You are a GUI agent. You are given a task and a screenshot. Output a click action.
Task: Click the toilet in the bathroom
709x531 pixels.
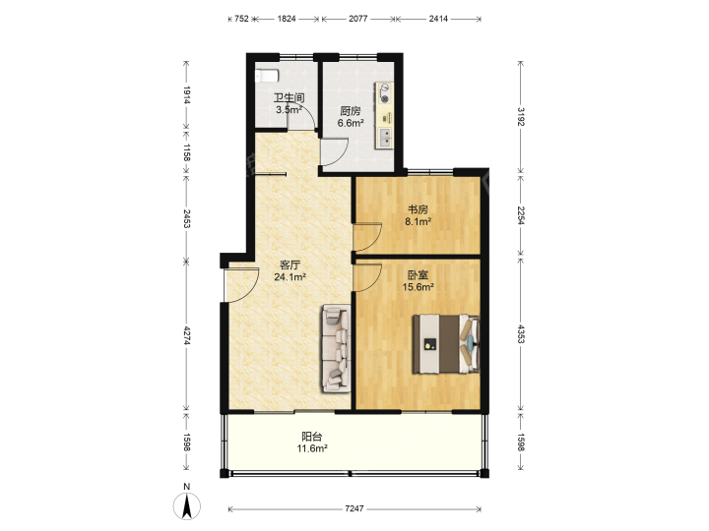pyautogui.click(x=266, y=76)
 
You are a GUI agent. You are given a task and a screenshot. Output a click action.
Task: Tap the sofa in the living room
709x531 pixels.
pyautogui.click(x=337, y=348)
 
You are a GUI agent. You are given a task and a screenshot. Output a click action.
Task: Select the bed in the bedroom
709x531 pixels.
pyautogui.click(x=446, y=343)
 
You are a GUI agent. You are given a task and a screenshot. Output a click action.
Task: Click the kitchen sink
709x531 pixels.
pyautogui.click(x=385, y=138)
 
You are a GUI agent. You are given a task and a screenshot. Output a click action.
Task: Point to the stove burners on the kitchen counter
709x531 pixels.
pyautogui.click(x=384, y=93)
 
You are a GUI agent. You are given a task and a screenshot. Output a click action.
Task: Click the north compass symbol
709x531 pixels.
pyautogui.click(x=187, y=505)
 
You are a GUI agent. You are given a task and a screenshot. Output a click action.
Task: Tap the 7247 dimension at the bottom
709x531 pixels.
pyautogui.click(x=354, y=509)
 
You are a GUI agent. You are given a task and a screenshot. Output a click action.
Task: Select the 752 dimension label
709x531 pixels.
pyautogui.click(x=241, y=19)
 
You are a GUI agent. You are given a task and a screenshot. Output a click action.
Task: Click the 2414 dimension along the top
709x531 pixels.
pyautogui.click(x=438, y=19)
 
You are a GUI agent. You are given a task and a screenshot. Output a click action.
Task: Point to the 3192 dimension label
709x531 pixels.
pyautogui.click(x=521, y=116)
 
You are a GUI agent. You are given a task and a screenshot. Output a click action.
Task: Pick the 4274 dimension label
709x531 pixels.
pyautogui.click(x=187, y=335)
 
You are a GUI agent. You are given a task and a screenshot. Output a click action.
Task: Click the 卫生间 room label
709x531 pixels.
pyautogui.click(x=289, y=97)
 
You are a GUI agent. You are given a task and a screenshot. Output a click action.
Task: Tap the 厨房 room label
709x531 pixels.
pyautogui.click(x=351, y=111)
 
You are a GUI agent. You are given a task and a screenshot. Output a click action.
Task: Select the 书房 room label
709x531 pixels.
pyautogui.click(x=418, y=209)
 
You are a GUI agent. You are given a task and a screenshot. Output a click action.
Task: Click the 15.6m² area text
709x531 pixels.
pyautogui.click(x=419, y=287)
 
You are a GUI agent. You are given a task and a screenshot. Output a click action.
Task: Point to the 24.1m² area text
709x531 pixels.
pyautogui.click(x=290, y=276)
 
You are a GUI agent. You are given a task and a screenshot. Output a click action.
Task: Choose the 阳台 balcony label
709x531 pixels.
pyautogui.click(x=312, y=437)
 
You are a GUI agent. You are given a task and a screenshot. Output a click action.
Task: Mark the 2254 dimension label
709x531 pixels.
pyautogui.click(x=521, y=215)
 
